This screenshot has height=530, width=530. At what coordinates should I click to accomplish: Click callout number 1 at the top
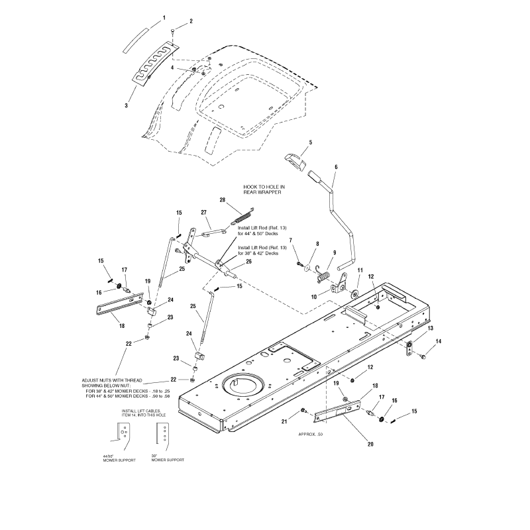click(164, 17)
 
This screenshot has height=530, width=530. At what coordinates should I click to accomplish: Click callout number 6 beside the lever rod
click(336, 167)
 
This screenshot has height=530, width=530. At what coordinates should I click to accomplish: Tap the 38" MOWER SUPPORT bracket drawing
click(160, 435)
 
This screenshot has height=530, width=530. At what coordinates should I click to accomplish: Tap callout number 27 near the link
click(185, 213)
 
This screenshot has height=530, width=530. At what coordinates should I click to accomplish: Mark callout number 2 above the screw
click(191, 22)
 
